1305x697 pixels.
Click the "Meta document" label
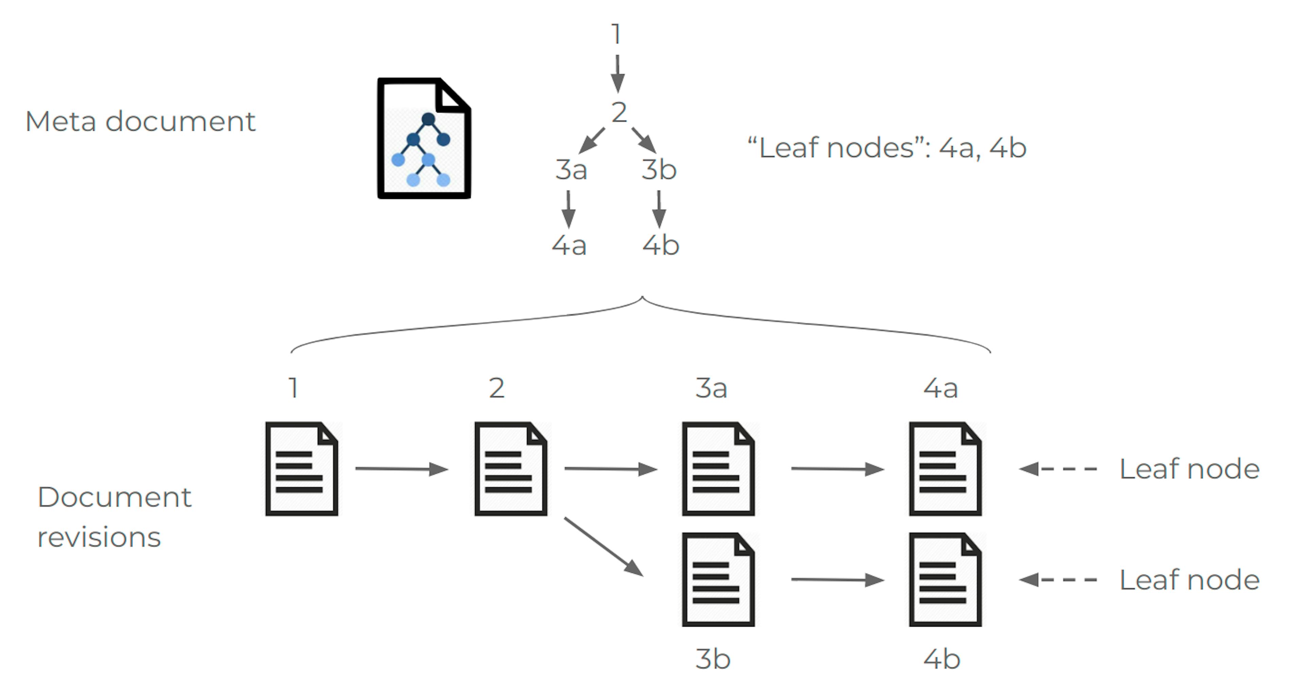click(x=140, y=122)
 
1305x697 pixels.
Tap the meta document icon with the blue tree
click(x=424, y=138)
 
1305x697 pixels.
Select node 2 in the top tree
click(x=619, y=113)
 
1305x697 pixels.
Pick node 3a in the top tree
click(x=571, y=170)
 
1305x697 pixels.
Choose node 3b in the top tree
click(x=659, y=170)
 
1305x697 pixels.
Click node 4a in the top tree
click(x=569, y=246)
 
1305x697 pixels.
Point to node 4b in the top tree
click(x=661, y=246)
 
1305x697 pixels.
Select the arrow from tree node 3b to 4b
click(x=659, y=209)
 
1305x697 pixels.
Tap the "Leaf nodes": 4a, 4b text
click(x=887, y=148)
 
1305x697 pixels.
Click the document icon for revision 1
click(x=302, y=469)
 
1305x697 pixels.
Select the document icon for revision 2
click(x=511, y=469)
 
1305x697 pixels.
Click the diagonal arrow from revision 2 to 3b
click(x=603, y=546)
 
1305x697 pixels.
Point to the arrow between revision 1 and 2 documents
click(x=401, y=469)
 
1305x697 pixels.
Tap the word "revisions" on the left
click(x=99, y=537)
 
